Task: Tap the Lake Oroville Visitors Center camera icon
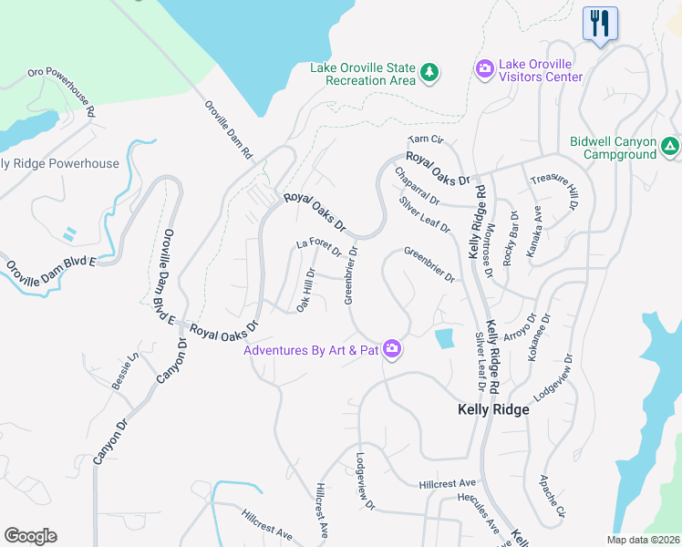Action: coord(484,68)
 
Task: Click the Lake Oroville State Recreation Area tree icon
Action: coord(429,72)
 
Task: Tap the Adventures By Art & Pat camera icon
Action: coord(392,348)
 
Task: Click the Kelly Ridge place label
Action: coord(492,410)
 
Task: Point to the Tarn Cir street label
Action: coord(426,139)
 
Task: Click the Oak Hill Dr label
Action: coord(306,289)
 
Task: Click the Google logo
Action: coord(31,536)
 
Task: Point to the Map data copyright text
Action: coord(644,540)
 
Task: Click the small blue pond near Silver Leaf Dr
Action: coord(444,339)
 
